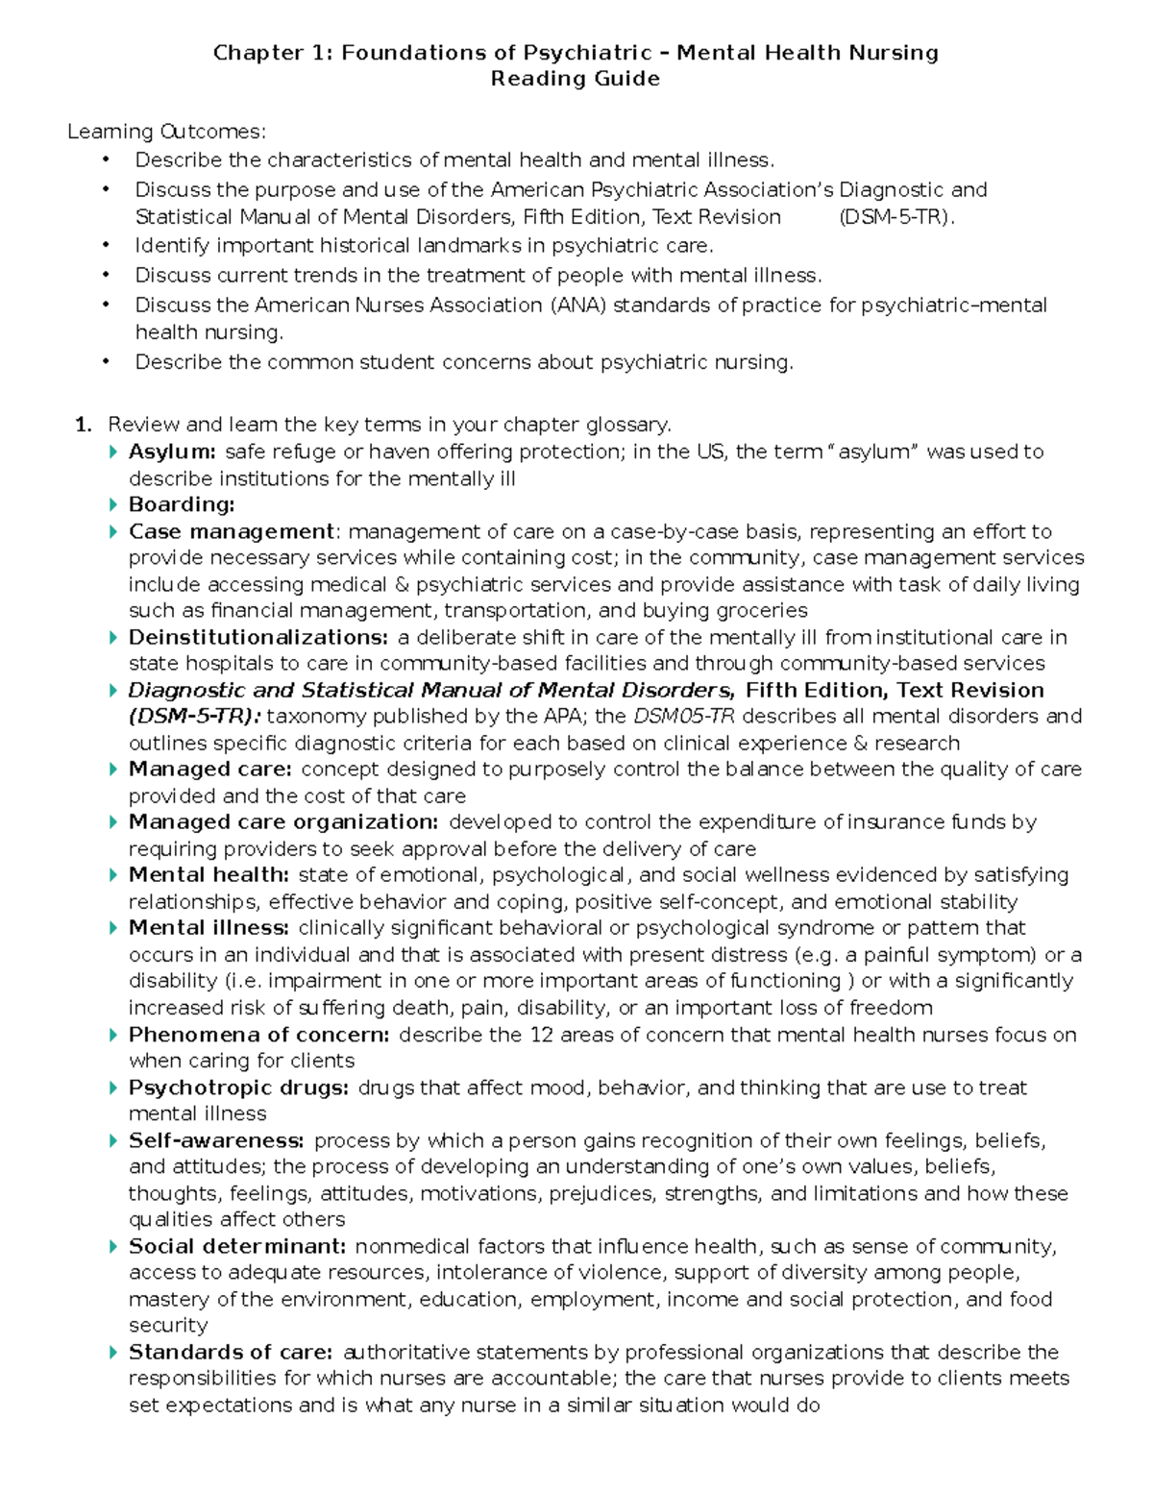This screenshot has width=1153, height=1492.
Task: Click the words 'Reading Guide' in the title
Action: pos(575,79)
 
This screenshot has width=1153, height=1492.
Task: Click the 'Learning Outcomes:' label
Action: pos(166,132)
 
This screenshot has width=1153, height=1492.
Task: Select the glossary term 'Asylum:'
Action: pos(172,452)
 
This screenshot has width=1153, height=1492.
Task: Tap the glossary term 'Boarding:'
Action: pos(182,504)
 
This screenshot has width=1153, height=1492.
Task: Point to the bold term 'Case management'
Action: pos(231,531)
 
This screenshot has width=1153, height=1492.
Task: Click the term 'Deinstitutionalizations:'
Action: pos(258,637)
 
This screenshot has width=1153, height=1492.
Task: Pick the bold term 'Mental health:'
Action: pos(209,874)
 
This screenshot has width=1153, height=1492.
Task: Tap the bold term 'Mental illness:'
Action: pos(209,927)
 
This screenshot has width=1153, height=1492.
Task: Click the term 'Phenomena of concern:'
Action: pos(258,1035)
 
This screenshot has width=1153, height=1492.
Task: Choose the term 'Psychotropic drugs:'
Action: pos(238,1088)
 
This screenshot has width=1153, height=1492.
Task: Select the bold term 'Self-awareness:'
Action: pos(216,1140)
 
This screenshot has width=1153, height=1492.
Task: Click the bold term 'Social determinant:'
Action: pos(237,1246)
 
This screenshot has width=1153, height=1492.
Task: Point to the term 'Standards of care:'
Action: pos(231,1352)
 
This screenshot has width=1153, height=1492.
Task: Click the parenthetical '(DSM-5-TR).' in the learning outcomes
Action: pos(897,217)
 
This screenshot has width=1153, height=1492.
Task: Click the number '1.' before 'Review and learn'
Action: pos(84,425)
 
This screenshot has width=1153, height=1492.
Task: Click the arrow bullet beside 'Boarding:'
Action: pos(113,504)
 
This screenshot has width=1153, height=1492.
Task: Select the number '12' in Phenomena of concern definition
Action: pos(540,1035)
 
